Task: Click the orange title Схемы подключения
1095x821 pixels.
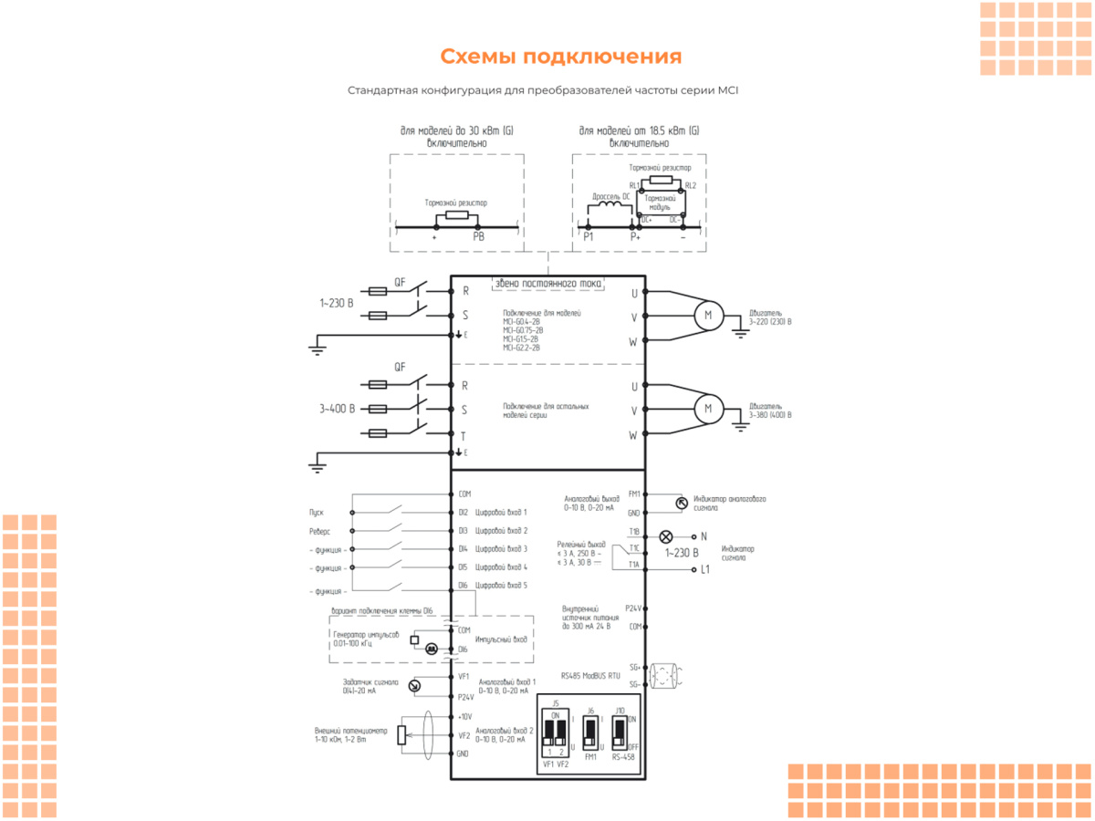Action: pyautogui.click(x=560, y=57)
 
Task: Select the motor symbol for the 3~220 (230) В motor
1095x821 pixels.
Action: pyautogui.click(x=707, y=316)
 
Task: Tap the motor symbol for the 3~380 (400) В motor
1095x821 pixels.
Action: pyautogui.click(x=707, y=409)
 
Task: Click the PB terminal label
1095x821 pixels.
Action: pyautogui.click(x=478, y=236)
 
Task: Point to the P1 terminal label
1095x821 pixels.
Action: pyautogui.click(x=589, y=236)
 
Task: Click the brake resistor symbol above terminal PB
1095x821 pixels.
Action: pyautogui.click(x=455, y=216)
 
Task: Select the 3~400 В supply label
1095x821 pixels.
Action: pyautogui.click(x=337, y=410)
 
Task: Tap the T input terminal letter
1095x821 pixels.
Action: pyautogui.click(x=464, y=435)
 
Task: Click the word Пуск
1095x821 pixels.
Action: pyautogui.click(x=317, y=513)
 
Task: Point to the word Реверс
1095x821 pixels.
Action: pyautogui.click(x=319, y=531)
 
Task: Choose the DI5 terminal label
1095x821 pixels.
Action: pyautogui.click(x=464, y=567)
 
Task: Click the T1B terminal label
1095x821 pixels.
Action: pyautogui.click(x=633, y=531)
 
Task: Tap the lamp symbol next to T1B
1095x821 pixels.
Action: pyautogui.click(x=666, y=537)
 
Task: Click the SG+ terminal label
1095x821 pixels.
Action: pyautogui.click(x=634, y=666)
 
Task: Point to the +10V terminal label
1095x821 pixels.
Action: pyautogui.click(x=464, y=716)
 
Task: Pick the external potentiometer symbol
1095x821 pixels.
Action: pyautogui.click(x=401, y=735)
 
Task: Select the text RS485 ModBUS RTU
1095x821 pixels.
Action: pyautogui.click(x=590, y=676)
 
